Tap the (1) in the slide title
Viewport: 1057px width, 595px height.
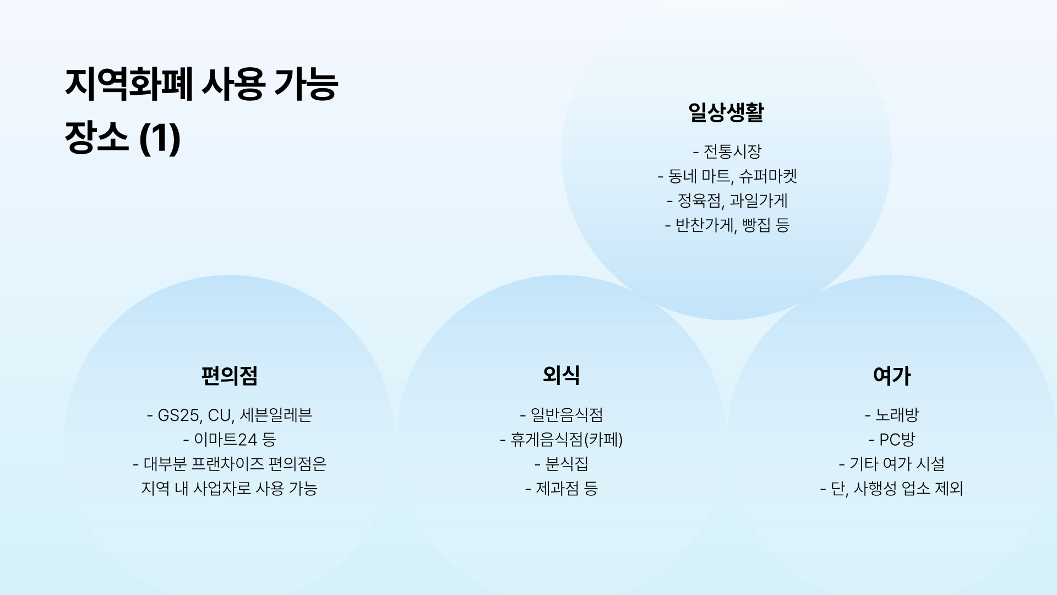click(160, 137)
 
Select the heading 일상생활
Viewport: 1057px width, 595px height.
click(726, 112)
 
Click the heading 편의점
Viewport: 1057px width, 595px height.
click(230, 376)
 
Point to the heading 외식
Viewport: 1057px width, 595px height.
click(561, 375)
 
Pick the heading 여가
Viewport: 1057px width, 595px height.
click(892, 376)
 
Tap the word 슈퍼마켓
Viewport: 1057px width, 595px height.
click(768, 176)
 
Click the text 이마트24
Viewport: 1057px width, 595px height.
click(226, 440)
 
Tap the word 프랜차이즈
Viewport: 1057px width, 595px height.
click(227, 464)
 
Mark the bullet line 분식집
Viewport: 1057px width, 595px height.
click(566, 464)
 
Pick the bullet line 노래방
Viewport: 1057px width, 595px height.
click(897, 415)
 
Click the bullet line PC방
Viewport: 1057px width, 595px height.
click(897, 440)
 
